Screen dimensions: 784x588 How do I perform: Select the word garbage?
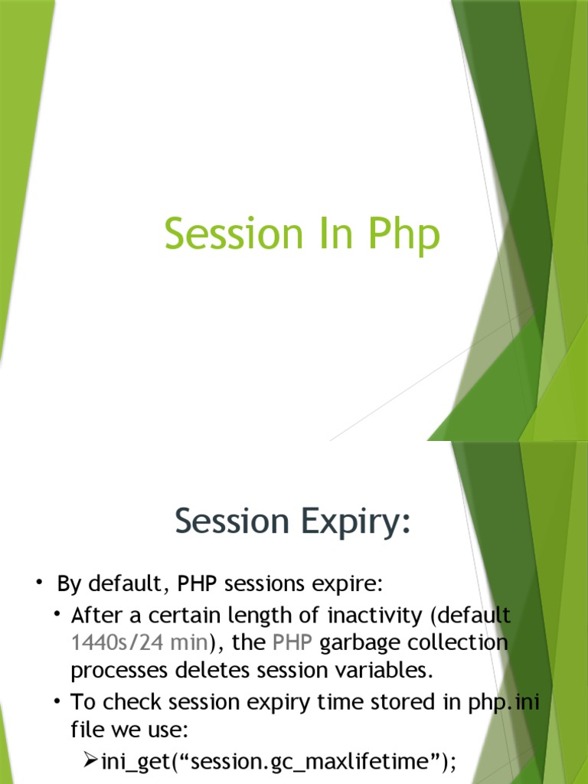tap(359, 642)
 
